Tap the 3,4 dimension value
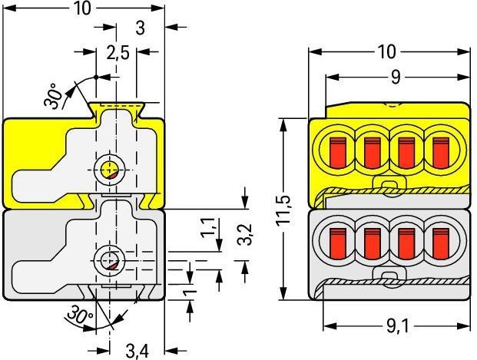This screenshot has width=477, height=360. pyautogui.click(x=137, y=351)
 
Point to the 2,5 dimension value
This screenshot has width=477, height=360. pyautogui.click(x=118, y=54)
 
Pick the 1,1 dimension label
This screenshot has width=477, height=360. pyautogui.click(x=206, y=229)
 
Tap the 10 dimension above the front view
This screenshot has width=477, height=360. pyautogui.click(x=387, y=51)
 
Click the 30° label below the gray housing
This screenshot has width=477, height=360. pyautogui.click(x=79, y=315)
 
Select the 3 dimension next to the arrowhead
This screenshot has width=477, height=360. pyautogui.click(x=139, y=27)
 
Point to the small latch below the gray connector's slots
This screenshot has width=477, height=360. pyautogui.click(x=390, y=278)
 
